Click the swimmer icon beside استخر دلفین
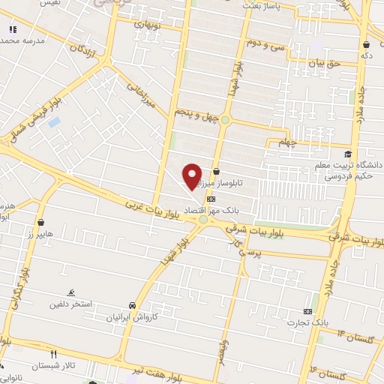pos(70,292)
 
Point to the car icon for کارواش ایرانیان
pos(132,306)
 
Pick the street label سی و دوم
pos(264,43)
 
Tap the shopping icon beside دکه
pos(365,44)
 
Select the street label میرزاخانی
pos(141,95)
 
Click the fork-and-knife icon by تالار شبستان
pos(52,354)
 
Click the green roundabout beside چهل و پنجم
pos(225,120)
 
